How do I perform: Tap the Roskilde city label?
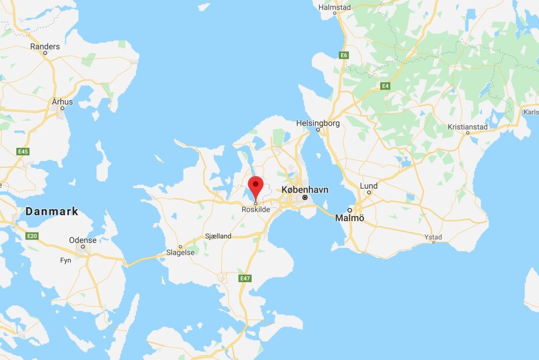[x=256, y=210]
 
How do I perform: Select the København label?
[x=304, y=189]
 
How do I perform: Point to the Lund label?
[x=369, y=186]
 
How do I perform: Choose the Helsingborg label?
[x=317, y=123]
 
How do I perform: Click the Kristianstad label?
[x=467, y=127]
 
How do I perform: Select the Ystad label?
[x=433, y=237]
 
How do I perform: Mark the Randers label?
[x=45, y=47]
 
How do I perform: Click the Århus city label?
[x=62, y=102]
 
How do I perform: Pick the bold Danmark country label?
[x=52, y=212]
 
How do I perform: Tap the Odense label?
[x=83, y=240]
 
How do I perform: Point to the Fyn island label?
[x=65, y=260]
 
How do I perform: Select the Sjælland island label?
[x=218, y=237]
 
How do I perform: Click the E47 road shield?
[x=245, y=279]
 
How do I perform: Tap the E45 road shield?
[x=23, y=152]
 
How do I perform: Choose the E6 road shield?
[x=344, y=55]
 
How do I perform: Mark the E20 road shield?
[x=32, y=236]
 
